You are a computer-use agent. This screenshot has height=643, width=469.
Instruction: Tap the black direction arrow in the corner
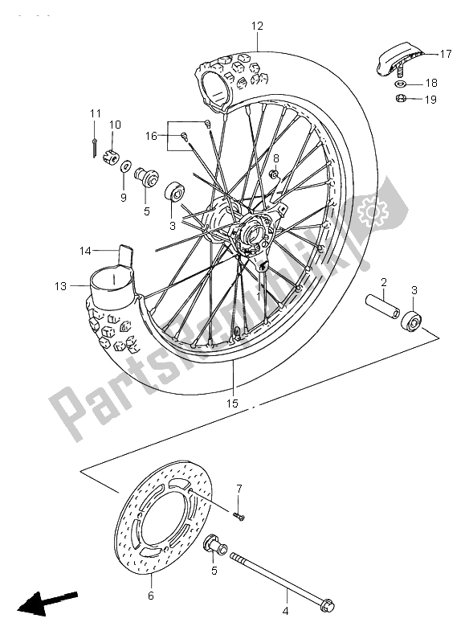pos(47,602)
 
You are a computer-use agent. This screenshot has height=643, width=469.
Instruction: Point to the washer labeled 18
pos(399,84)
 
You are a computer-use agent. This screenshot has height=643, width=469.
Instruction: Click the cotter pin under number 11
pos(96,145)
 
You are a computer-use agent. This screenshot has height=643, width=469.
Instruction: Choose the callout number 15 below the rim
pos(232,403)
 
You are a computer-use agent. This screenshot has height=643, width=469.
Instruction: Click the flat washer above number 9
pos(127,167)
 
